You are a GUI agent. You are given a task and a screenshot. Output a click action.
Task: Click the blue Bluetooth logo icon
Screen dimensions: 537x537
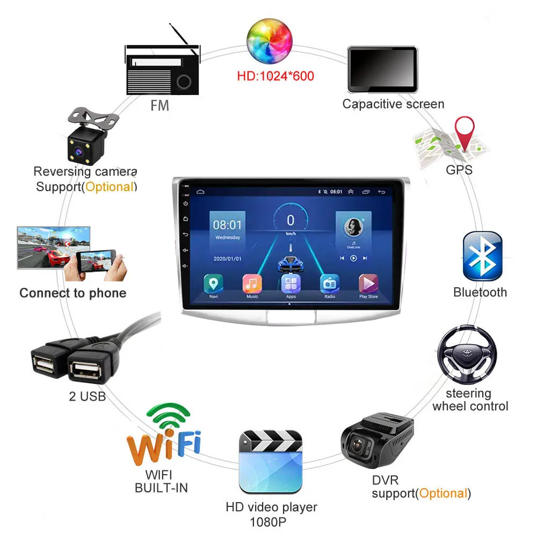(x=482, y=257)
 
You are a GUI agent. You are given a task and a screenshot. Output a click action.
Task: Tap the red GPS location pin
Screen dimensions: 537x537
(x=465, y=134)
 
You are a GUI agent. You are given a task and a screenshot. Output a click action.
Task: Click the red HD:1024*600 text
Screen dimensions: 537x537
(x=275, y=76)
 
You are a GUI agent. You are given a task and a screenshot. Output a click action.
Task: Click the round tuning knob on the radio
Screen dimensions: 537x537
(x=184, y=82)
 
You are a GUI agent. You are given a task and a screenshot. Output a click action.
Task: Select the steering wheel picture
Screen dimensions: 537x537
(x=466, y=354)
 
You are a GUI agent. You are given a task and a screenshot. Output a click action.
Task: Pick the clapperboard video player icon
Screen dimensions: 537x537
(x=271, y=461)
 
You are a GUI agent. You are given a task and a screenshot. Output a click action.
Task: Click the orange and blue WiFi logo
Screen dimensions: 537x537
(x=163, y=438)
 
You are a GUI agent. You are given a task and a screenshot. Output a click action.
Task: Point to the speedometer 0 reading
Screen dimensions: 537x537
(x=291, y=221)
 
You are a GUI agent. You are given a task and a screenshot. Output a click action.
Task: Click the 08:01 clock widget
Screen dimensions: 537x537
(x=228, y=226)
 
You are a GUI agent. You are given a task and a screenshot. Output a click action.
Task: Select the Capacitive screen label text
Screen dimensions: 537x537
(x=393, y=104)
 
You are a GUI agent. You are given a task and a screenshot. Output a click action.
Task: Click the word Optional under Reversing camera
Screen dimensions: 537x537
(x=110, y=187)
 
